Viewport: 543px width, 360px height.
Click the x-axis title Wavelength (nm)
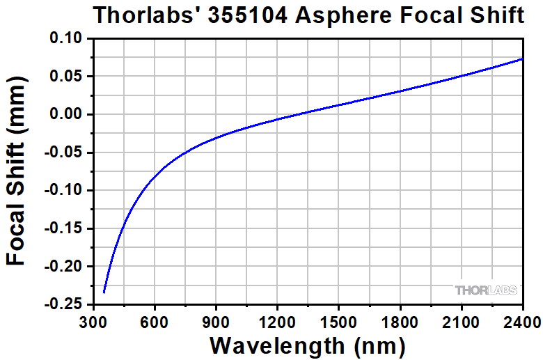pos(307,345)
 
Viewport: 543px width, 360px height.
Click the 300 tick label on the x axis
pos(93,321)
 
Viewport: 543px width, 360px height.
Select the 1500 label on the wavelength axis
pos(338,321)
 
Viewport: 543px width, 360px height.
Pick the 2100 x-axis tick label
pos(461,321)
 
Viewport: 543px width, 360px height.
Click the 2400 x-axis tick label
pos(522,321)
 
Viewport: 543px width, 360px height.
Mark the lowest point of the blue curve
pos(104,292)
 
